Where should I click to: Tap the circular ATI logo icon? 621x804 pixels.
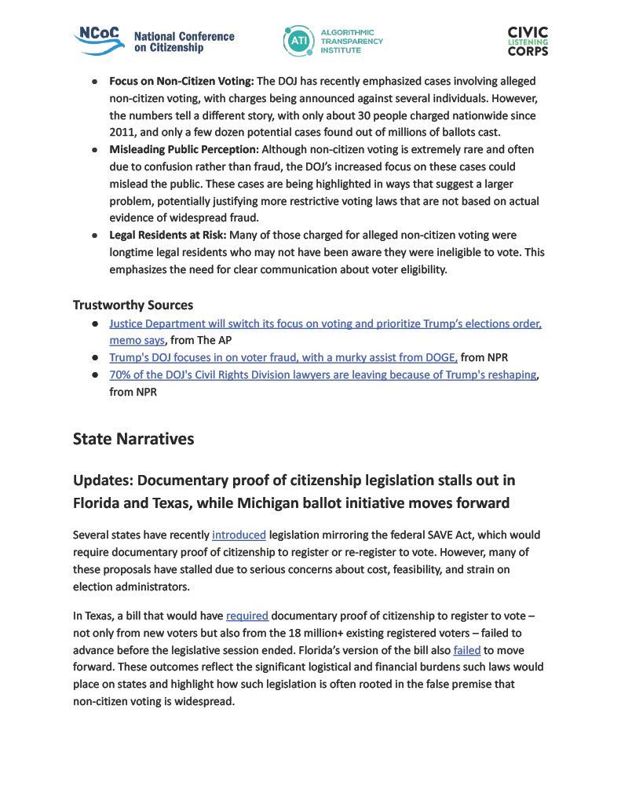tap(298, 41)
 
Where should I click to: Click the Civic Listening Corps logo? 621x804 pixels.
tap(528, 41)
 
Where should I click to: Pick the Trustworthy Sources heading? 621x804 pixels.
tap(133, 305)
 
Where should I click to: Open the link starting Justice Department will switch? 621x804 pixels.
tap(325, 323)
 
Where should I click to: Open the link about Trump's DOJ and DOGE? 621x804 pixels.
tap(283, 357)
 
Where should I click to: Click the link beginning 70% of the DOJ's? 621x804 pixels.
tap(323, 375)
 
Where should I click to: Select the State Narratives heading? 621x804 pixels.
tap(133, 439)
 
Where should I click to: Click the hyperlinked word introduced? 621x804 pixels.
tap(239, 535)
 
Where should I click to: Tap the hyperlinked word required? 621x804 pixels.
tap(247, 616)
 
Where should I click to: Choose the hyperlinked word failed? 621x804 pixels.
tap(466, 650)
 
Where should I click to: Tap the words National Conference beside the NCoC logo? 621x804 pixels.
tap(184, 36)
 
